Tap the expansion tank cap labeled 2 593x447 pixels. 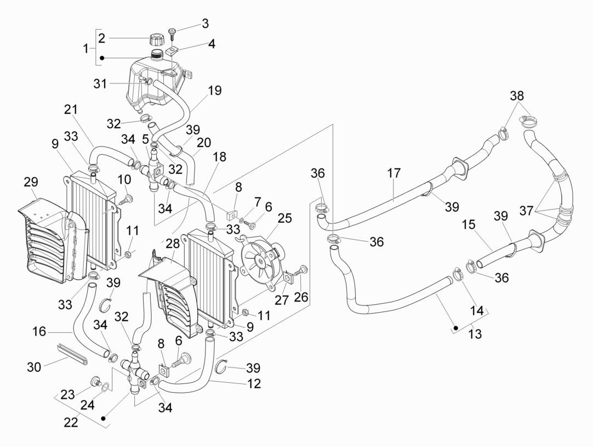point(156,40)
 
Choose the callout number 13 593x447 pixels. point(475,333)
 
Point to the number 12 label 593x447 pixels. point(254,383)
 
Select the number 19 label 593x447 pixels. point(215,90)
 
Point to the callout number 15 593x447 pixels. point(468,225)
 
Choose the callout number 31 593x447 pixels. point(100,84)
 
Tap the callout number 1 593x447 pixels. point(85,48)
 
